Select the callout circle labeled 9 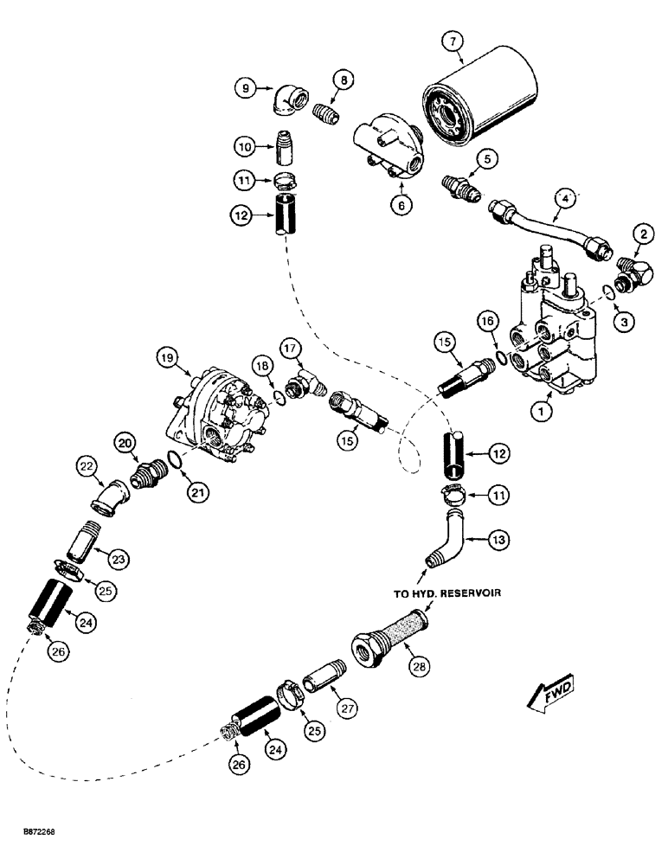tap(247, 87)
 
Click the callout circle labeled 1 tap(542, 413)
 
